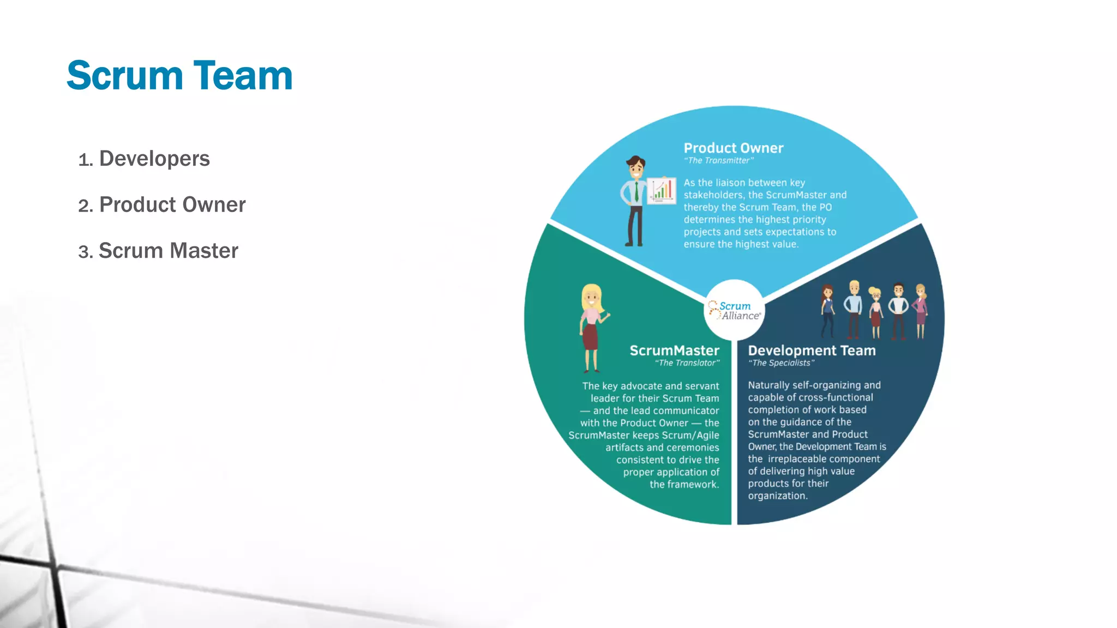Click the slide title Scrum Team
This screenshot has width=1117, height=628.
click(179, 76)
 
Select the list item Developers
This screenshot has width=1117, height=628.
click(154, 159)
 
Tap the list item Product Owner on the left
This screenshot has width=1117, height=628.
click(172, 205)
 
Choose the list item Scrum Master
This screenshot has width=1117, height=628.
click(169, 251)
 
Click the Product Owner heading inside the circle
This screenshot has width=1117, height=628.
click(733, 148)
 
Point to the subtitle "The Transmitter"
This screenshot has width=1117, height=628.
click(718, 161)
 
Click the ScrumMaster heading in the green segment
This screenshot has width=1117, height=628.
click(674, 351)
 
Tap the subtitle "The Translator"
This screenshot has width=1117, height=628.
click(687, 363)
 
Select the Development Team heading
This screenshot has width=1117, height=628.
click(812, 351)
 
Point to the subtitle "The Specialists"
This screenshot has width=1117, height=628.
click(781, 363)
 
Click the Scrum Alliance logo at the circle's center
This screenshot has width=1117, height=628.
click(734, 311)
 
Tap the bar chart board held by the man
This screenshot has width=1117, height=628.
click(662, 191)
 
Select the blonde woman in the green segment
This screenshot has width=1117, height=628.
click(592, 327)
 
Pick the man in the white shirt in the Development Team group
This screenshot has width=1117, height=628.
click(898, 311)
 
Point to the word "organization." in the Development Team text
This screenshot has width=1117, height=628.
click(778, 496)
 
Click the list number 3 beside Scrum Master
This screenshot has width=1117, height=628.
click(84, 252)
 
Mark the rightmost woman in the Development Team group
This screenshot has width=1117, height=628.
click(921, 311)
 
